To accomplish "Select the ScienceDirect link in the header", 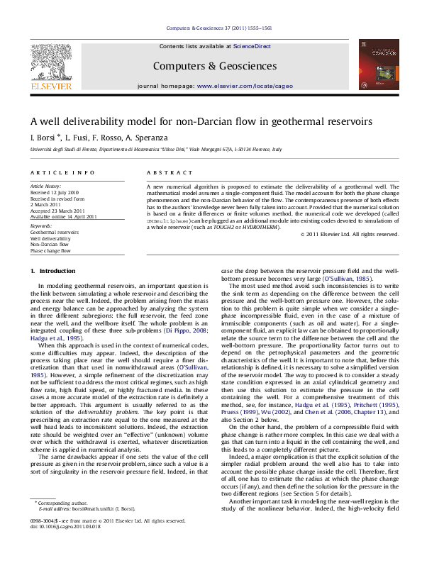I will point(252,46).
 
